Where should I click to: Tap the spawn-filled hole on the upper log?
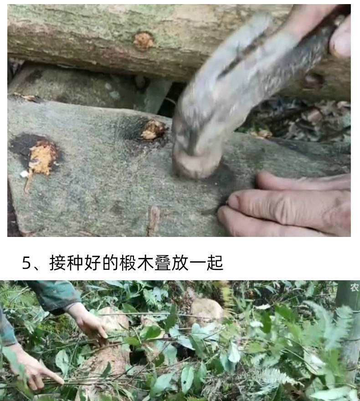143,41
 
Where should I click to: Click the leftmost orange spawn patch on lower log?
42,157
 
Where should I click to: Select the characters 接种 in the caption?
64,263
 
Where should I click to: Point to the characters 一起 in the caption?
208,263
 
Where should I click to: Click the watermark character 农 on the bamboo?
354,287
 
